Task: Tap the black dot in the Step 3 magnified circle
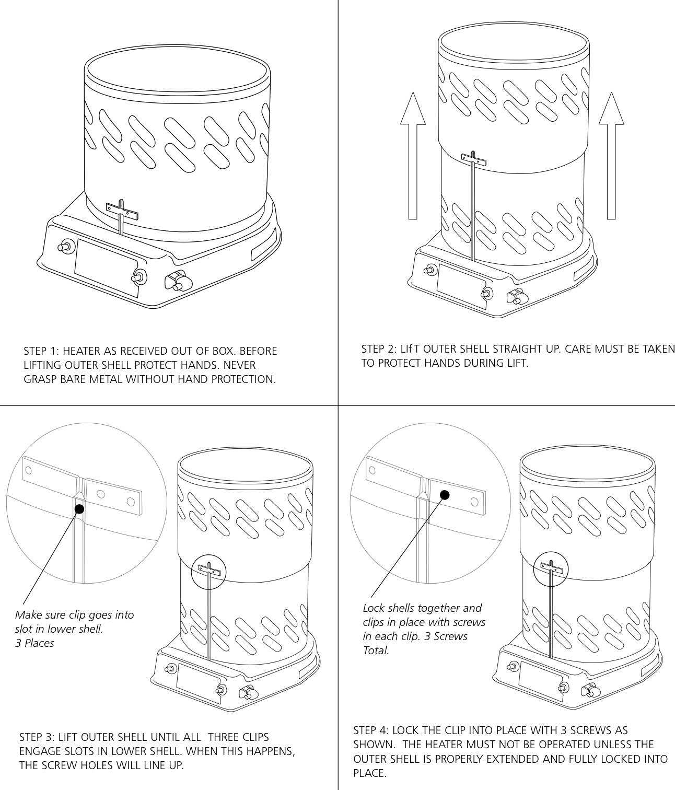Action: pyautogui.click(x=79, y=508)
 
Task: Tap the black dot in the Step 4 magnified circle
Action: pyautogui.click(x=445, y=494)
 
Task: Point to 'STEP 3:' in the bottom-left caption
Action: pyautogui.click(x=37, y=737)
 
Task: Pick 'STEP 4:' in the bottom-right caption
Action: pyautogui.click(x=371, y=730)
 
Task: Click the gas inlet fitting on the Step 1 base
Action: pyautogui.click(x=177, y=282)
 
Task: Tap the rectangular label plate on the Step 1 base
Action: pyautogui.click(x=107, y=268)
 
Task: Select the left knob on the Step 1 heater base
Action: pyautogui.click(x=66, y=246)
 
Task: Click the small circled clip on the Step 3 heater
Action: pyautogui.click(x=209, y=570)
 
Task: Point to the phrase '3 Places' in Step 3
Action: pyautogui.click(x=34, y=643)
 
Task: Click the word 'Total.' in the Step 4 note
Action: pyautogui.click(x=376, y=650)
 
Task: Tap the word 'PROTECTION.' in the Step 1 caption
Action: pyautogui.click(x=243, y=379)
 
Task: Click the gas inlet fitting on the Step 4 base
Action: pyautogui.click(x=590, y=691)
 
